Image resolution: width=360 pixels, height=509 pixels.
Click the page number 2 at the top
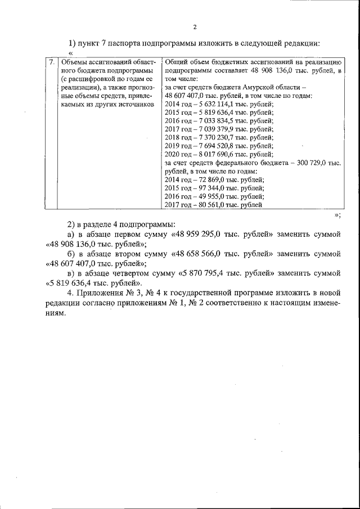click(195, 27)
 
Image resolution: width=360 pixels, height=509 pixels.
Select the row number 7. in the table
click(51, 62)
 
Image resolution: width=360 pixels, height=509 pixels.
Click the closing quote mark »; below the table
click(336, 215)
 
